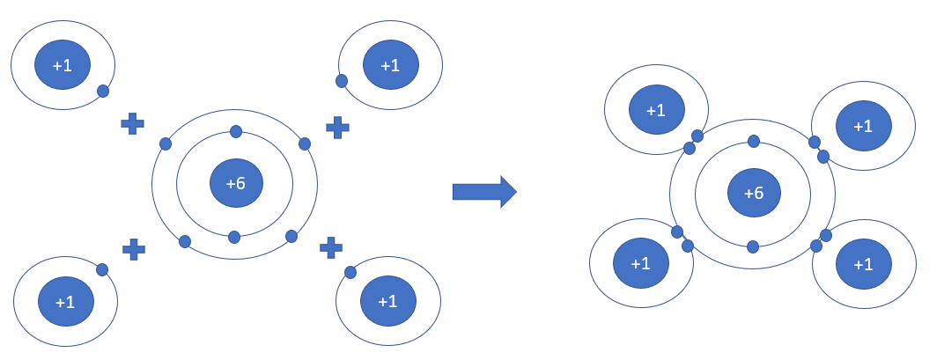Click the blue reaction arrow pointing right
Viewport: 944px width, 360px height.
[483, 192]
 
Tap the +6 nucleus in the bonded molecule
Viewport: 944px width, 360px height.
[754, 194]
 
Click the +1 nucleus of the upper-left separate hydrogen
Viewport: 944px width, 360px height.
[63, 65]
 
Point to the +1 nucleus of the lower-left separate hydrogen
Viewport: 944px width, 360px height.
[65, 302]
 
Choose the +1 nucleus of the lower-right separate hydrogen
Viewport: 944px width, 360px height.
[388, 301]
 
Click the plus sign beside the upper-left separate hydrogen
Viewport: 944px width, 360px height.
[132, 123]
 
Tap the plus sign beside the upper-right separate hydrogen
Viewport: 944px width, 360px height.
[337, 127]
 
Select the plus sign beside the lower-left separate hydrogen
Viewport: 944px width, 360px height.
[134, 249]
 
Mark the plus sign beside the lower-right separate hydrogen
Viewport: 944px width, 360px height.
[331, 247]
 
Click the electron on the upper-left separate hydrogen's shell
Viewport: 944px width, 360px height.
[103, 91]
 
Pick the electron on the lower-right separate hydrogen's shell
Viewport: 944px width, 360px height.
[350, 272]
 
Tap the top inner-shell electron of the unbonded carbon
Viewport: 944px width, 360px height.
[236, 132]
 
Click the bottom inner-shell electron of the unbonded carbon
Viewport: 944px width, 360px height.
[234, 237]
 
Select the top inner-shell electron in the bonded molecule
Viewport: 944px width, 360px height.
[754, 141]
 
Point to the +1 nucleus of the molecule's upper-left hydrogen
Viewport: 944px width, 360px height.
[656, 110]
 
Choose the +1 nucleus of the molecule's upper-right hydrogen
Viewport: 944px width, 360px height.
[864, 126]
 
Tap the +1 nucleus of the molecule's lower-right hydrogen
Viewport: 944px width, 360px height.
[864, 264]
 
